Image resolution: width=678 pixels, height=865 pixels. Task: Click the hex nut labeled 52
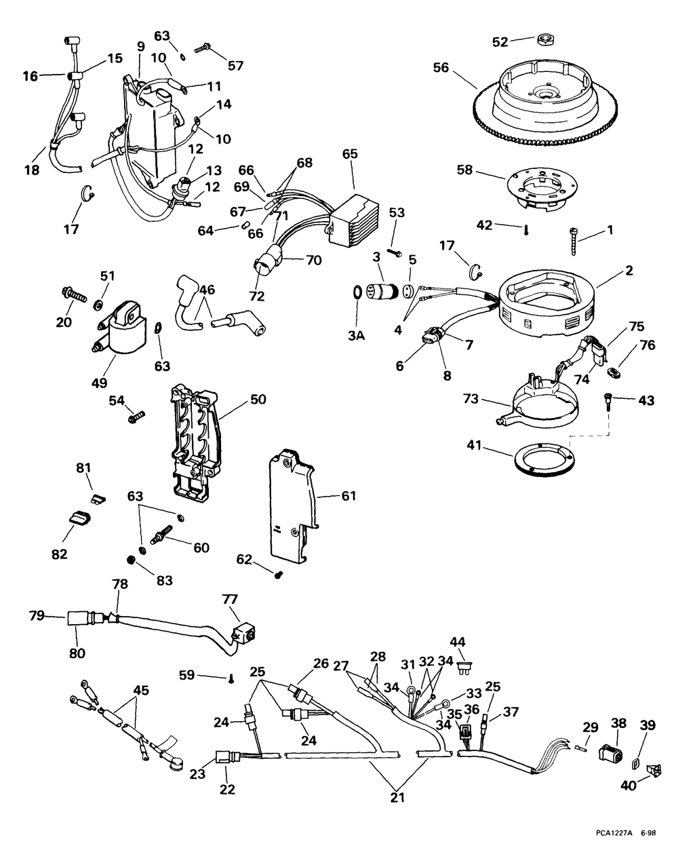pos(545,39)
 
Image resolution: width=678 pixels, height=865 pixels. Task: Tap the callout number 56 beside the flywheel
pos(441,68)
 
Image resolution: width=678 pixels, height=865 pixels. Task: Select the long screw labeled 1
pos(573,242)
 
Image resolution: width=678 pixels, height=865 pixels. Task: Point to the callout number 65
pos(350,154)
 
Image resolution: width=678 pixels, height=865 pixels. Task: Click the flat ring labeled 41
pos(544,460)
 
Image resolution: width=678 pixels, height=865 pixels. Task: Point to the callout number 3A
pos(356,336)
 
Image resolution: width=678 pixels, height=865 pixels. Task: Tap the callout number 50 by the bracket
pos(258,399)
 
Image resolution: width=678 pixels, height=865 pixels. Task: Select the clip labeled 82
pos(77,518)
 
